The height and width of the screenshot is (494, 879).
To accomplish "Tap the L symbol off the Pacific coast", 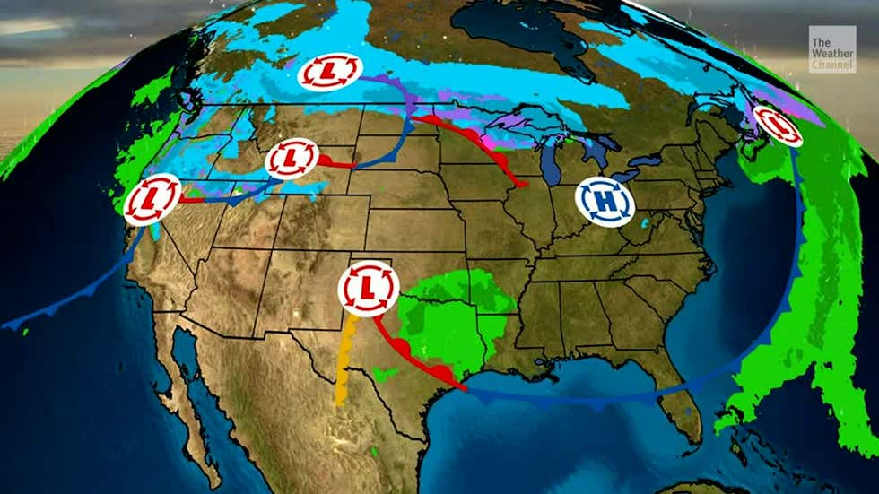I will [152, 200].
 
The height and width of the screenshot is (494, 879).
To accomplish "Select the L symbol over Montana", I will [292, 159].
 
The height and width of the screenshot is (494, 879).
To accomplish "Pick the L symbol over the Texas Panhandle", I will [368, 286].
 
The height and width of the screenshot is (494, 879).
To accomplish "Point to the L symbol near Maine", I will [777, 126].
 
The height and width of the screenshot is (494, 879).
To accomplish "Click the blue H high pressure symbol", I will [605, 202].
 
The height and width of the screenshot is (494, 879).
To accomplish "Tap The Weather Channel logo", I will [831, 49].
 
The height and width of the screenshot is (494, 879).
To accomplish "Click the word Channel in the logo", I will [831, 65].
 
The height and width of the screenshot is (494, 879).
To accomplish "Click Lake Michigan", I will [550, 161].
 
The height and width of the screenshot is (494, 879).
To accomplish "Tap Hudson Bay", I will [520, 31].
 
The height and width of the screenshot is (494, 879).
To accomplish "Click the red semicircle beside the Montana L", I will [328, 160].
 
